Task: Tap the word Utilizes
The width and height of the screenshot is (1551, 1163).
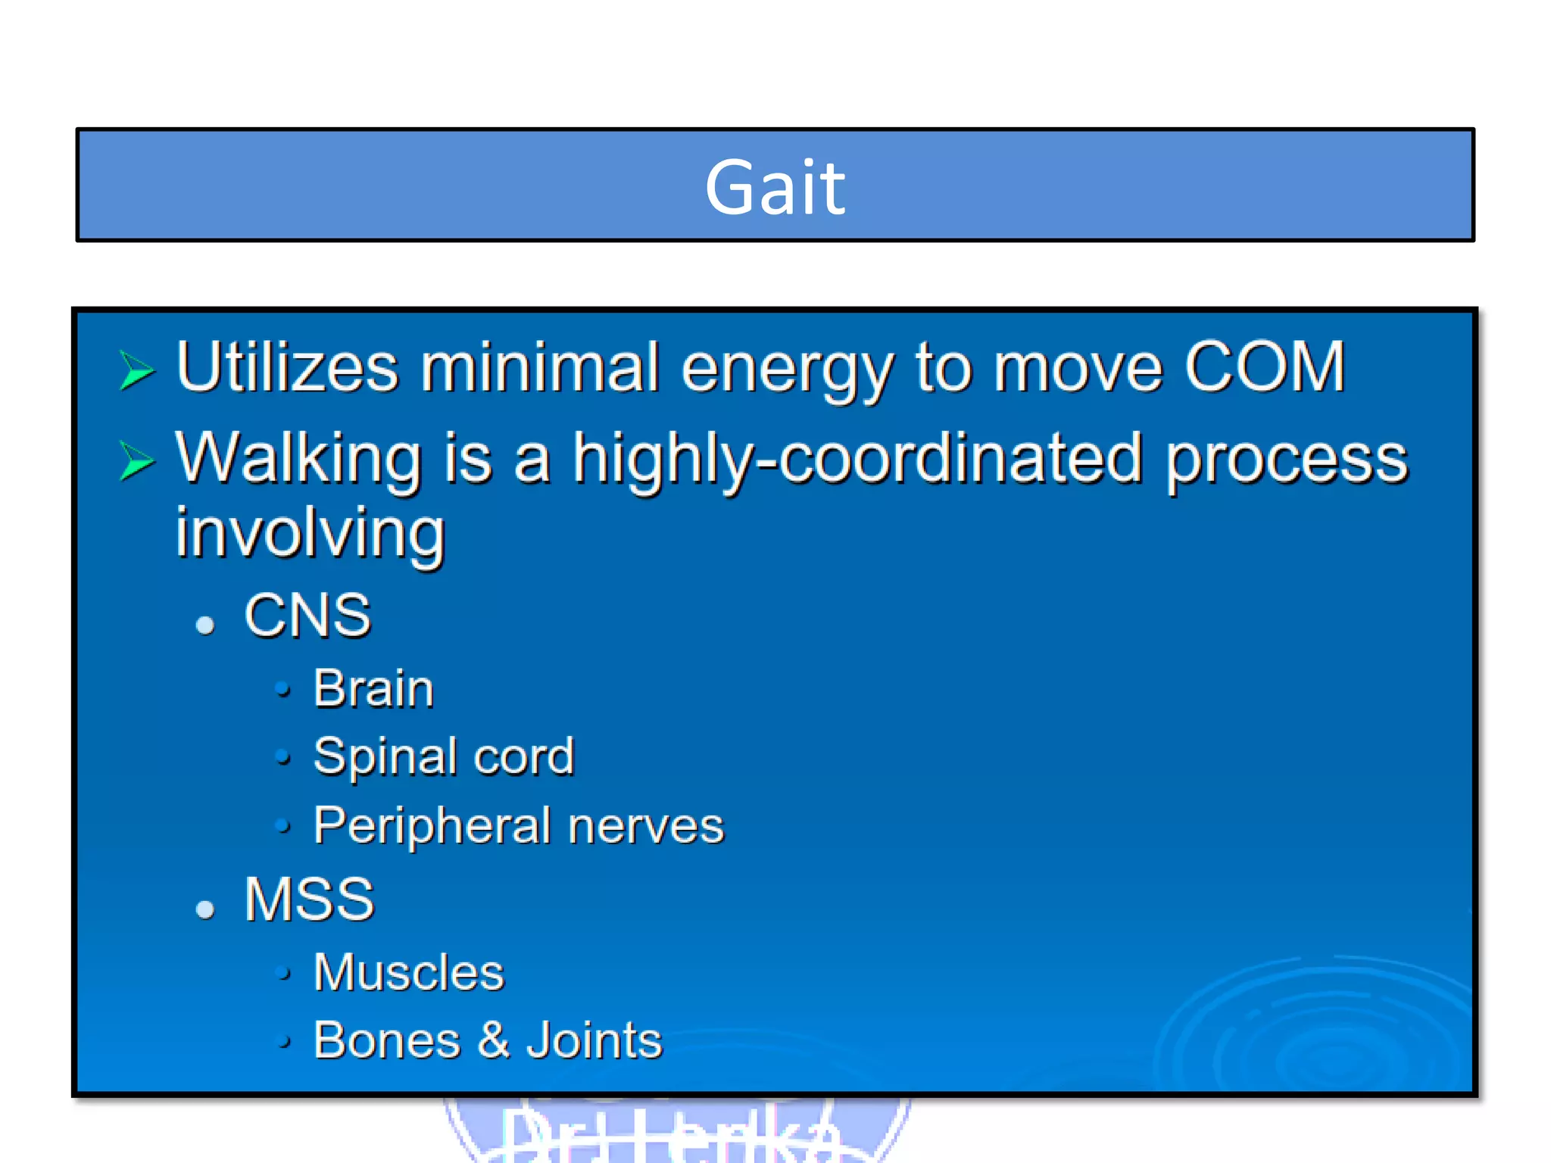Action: pos(286,367)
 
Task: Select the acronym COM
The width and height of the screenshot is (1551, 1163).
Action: pos(1264,367)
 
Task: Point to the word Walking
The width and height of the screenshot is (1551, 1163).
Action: pos(298,460)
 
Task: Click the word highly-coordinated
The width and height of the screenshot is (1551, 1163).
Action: pos(857,460)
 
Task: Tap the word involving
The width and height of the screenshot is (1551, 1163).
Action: pos(310,534)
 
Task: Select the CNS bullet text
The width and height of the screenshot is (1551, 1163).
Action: pos(307,615)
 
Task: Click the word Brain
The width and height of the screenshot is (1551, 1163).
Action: pos(373,689)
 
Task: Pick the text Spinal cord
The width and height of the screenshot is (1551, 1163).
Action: pos(444,756)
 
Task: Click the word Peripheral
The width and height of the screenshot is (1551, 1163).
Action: pos(432,825)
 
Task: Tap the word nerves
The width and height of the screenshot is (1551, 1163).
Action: pos(646,825)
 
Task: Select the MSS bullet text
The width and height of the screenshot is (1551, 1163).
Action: pos(309,900)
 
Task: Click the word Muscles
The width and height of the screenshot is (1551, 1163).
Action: pos(408,972)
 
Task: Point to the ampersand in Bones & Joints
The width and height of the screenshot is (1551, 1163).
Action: pos(494,1040)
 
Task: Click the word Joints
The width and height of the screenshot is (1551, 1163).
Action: pos(594,1040)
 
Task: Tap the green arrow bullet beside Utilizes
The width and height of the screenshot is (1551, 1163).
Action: pos(137,370)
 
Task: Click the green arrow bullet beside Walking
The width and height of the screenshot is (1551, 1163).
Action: pos(137,461)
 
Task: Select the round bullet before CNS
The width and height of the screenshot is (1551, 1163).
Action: pos(205,625)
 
